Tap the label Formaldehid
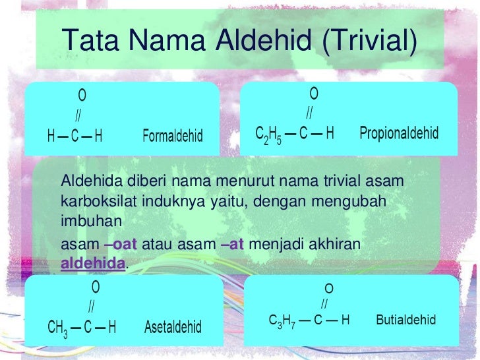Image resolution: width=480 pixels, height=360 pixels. point(173,137)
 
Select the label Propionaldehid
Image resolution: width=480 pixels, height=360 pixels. point(399,133)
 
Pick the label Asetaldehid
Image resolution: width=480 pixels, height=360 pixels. point(173,327)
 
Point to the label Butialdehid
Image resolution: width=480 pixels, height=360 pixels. point(406,320)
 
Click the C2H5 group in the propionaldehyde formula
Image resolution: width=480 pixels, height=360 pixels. point(268,134)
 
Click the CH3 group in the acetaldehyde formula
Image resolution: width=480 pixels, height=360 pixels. point(58,327)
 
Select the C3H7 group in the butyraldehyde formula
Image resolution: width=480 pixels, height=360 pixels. point(282,320)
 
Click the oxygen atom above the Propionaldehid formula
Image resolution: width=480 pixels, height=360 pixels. point(314,93)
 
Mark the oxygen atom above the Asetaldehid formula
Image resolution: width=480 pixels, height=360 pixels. point(96,287)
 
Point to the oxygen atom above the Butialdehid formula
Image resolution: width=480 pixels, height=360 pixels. point(328,289)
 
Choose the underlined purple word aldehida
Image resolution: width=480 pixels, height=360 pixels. point(92,263)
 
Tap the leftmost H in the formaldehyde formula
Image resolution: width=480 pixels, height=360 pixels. point(51,137)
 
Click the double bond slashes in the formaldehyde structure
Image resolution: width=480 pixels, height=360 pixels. point(78,116)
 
